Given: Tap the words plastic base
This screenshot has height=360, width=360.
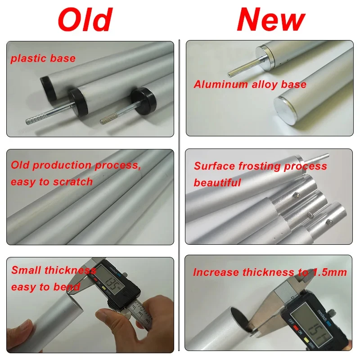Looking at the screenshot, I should (x=43, y=58).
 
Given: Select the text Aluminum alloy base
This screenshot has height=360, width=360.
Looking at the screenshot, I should (x=250, y=84).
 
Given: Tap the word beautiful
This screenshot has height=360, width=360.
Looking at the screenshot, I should (x=217, y=183).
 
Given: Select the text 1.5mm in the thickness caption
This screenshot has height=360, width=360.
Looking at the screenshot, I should (x=330, y=272).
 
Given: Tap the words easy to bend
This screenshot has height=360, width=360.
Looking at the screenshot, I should (x=45, y=287).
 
